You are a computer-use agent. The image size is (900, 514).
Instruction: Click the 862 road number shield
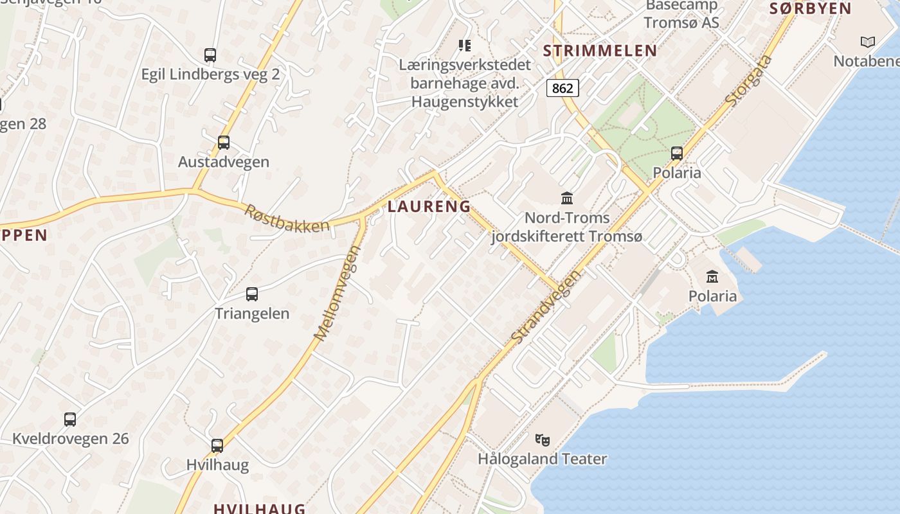pyautogui.click(x=562, y=88)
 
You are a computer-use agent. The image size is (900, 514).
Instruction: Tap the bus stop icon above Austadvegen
pyautogui.click(x=224, y=142)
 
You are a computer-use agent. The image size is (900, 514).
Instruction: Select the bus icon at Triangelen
pyautogui.click(x=252, y=294)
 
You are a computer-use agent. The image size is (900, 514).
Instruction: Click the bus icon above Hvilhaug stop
pyautogui.click(x=217, y=445)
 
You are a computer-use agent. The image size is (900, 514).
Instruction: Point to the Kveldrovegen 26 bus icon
pyautogui.click(x=70, y=420)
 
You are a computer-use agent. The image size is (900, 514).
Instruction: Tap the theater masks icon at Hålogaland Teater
pyautogui.click(x=543, y=440)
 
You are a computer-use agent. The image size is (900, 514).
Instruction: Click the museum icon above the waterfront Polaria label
pyautogui.click(x=712, y=277)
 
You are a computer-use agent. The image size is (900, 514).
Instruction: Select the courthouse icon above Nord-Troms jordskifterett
pyautogui.click(x=567, y=198)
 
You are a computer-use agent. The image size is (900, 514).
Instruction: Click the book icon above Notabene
pyautogui.click(x=868, y=42)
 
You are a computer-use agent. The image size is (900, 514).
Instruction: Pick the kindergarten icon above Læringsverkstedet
pyautogui.click(x=464, y=46)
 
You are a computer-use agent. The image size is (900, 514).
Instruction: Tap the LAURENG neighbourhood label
pyautogui.click(x=429, y=206)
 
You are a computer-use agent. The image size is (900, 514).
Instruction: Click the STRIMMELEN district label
pyautogui.click(x=600, y=51)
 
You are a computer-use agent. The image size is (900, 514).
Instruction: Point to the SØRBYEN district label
pyautogui.click(x=810, y=8)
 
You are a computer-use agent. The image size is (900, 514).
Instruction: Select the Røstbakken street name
pyautogui.click(x=287, y=217)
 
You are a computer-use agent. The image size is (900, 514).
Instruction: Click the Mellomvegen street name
pyautogui.click(x=337, y=292)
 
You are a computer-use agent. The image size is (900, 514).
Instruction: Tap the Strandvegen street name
pyautogui.click(x=546, y=306)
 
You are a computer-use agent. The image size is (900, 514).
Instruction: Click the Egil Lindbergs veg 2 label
pyautogui.click(x=210, y=74)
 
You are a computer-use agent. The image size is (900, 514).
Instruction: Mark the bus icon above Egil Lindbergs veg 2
pyautogui.click(x=210, y=55)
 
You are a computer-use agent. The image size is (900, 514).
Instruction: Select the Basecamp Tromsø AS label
pyautogui.click(x=681, y=14)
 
